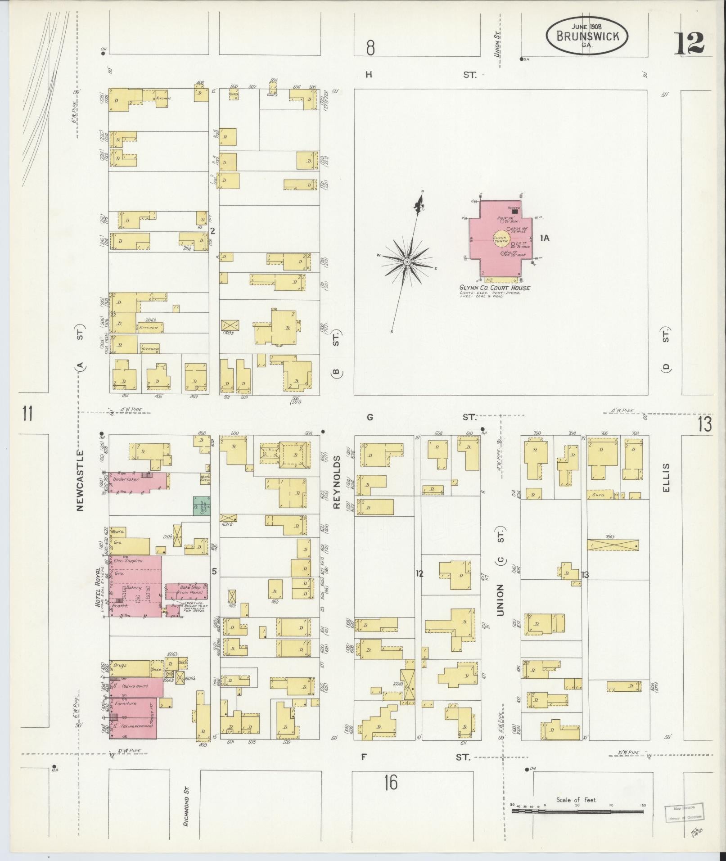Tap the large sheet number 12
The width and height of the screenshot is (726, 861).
click(689, 44)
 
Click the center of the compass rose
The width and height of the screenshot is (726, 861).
click(407, 261)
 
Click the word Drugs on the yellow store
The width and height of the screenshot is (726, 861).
click(120, 665)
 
